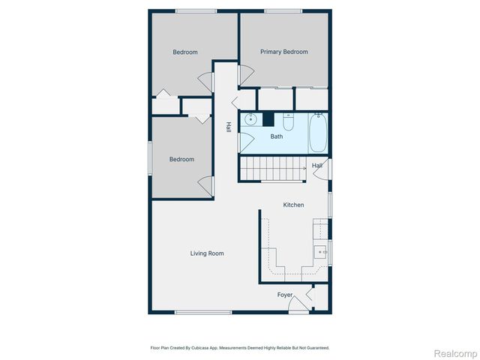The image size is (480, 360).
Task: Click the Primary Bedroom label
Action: (283, 52)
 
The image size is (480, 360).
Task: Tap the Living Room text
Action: (206, 253)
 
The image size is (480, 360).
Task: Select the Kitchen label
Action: (293, 205)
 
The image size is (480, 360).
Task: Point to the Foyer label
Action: (285, 295)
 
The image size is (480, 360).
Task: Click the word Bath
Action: (277, 136)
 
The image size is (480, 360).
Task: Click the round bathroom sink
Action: (251, 119)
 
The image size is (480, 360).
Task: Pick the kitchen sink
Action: (321, 253)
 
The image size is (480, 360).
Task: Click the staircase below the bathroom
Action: (272, 169)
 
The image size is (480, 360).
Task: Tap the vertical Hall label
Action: (228, 127)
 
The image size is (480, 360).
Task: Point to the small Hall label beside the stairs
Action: (317, 166)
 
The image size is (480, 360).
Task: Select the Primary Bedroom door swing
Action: (245, 75)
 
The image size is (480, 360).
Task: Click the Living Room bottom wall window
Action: (202, 312)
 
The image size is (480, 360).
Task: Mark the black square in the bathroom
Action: (268, 118)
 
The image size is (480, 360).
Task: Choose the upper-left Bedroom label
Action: (184, 52)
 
